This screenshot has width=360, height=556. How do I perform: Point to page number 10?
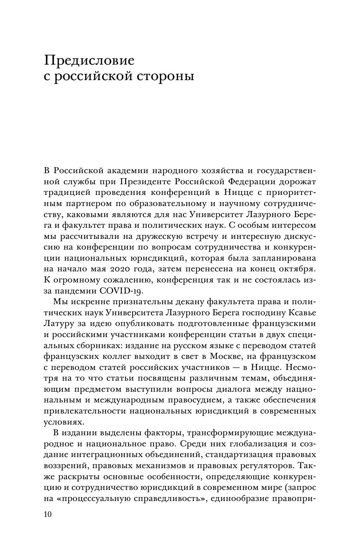pyautogui.click(x=48, y=515)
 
